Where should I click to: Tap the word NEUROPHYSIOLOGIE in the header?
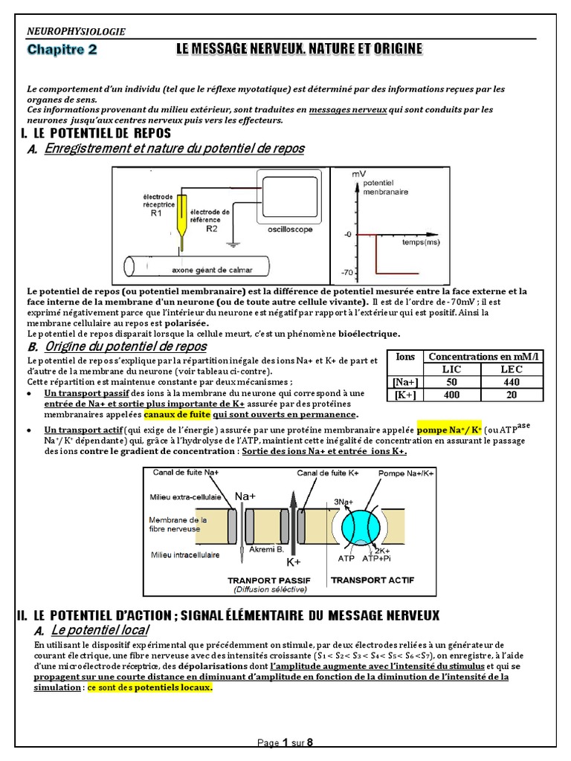tap(76, 31)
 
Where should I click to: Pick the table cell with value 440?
tap(512, 381)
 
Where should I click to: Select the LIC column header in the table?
tap(452, 369)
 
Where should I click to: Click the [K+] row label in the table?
tap(405, 394)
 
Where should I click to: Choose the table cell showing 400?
tap(452, 394)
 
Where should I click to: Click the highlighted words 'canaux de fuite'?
tap(177, 415)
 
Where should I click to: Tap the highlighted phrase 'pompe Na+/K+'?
tap(449, 430)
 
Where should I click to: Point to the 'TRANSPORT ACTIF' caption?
tap(366, 579)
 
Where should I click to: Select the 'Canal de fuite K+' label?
tap(328, 473)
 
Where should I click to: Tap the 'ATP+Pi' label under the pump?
tap(375, 557)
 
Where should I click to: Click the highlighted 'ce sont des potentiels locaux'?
tap(150, 688)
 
